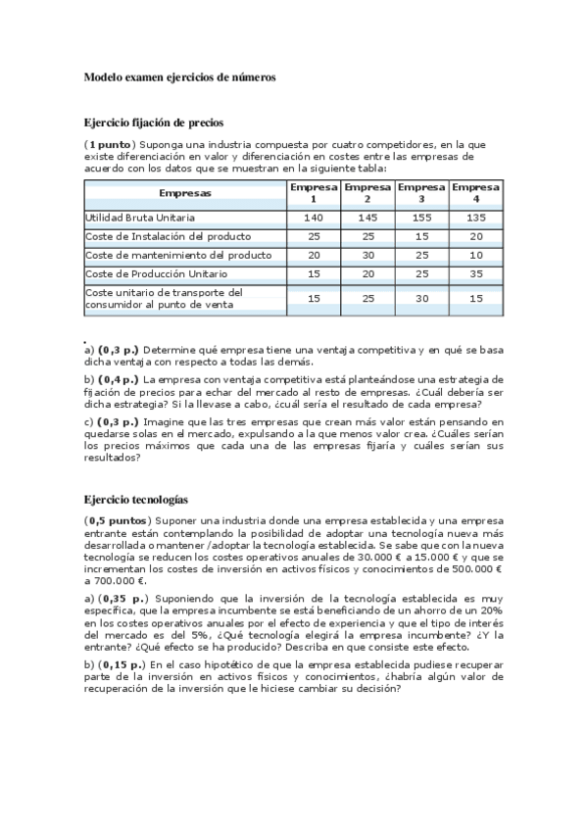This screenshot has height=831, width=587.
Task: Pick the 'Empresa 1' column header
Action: tap(314, 192)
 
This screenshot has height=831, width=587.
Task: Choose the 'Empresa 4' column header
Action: tap(476, 192)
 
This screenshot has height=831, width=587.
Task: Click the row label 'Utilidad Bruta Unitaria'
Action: tap(140, 218)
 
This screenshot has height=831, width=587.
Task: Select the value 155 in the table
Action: tap(422, 218)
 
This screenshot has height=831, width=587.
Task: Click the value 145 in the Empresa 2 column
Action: tap(368, 218)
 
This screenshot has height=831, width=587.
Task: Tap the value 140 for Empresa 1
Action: tap(314, 218)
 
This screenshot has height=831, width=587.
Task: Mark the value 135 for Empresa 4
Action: tap(476, 218)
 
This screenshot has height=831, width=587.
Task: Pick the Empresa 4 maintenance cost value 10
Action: tap(476, 254)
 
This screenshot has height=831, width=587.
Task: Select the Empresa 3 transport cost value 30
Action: tap(422, 298)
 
